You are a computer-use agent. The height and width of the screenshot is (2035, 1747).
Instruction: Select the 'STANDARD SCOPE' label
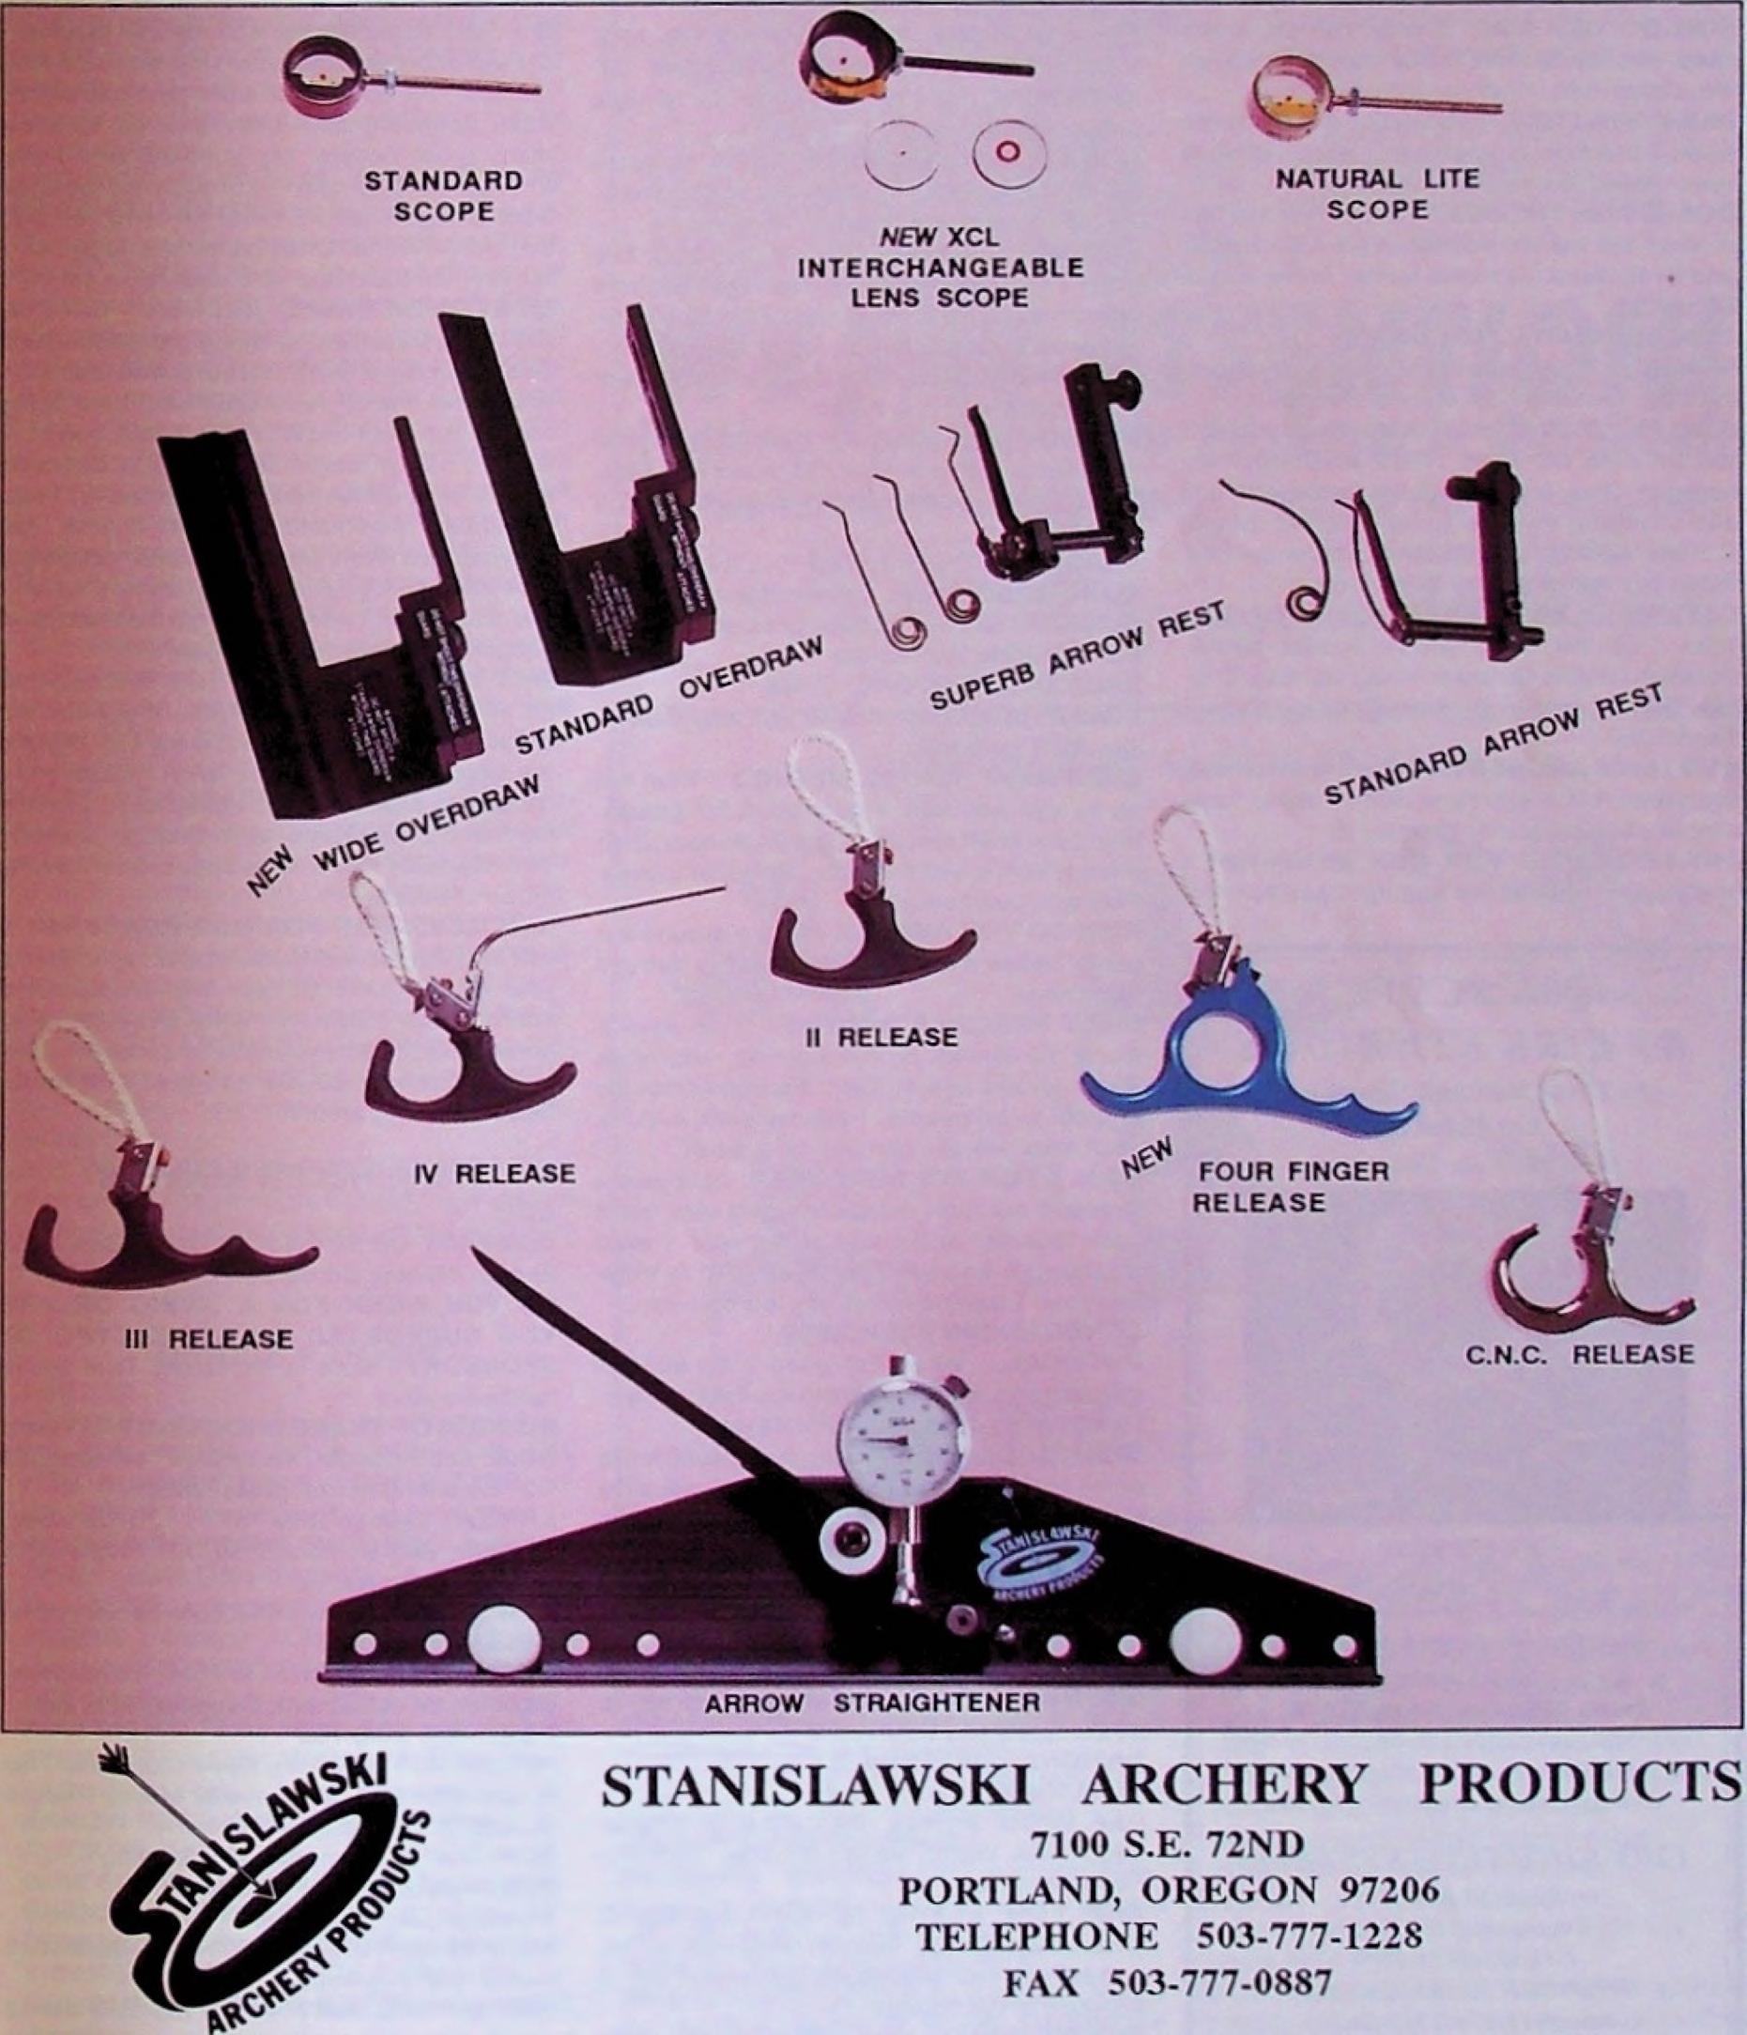click(x=444, y=196)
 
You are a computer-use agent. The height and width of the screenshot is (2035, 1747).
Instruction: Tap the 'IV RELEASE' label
click(x=493, y=1173)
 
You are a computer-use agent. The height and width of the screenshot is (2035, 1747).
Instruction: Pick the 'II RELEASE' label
click(x=880, y=1037)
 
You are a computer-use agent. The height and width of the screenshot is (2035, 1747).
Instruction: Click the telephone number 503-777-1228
click(x=1309, y=1935)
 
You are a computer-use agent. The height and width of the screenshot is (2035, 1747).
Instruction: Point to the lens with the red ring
click(x=1009, y=152)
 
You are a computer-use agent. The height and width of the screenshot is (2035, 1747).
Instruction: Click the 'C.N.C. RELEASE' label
click(x=1579, y=1354)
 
